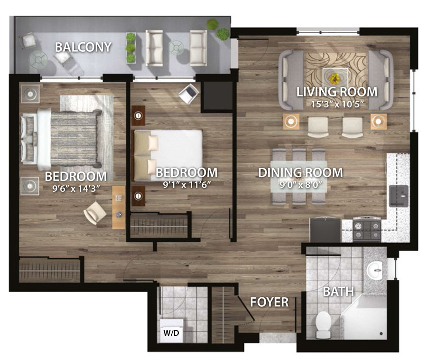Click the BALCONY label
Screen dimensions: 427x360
click(83, 47)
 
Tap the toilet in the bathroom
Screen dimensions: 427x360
click(323, 325)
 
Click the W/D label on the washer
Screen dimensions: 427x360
click(171, 333)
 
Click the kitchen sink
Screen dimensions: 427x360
click(399, 196)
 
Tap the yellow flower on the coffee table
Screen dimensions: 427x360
click(334, 78)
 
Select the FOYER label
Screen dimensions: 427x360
click(269, 302)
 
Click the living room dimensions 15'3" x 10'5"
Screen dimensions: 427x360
click(337, 104)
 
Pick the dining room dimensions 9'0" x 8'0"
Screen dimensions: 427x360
click(301, 185)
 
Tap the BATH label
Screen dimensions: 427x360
click(338, 292)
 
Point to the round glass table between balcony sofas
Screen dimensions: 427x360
click(176, 47)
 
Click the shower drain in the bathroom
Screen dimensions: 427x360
click(381, 333)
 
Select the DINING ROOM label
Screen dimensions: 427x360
click(300, 172)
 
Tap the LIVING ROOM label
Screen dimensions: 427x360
click(337, 92)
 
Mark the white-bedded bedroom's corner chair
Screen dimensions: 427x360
click(189, 94)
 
